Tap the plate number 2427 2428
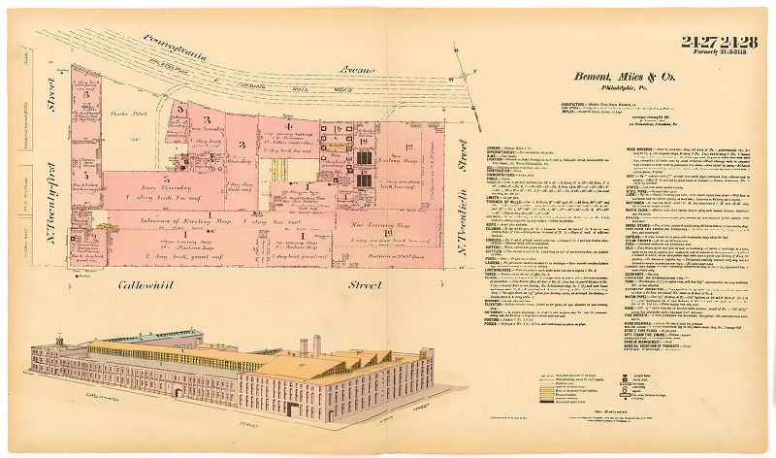point(719,41)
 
